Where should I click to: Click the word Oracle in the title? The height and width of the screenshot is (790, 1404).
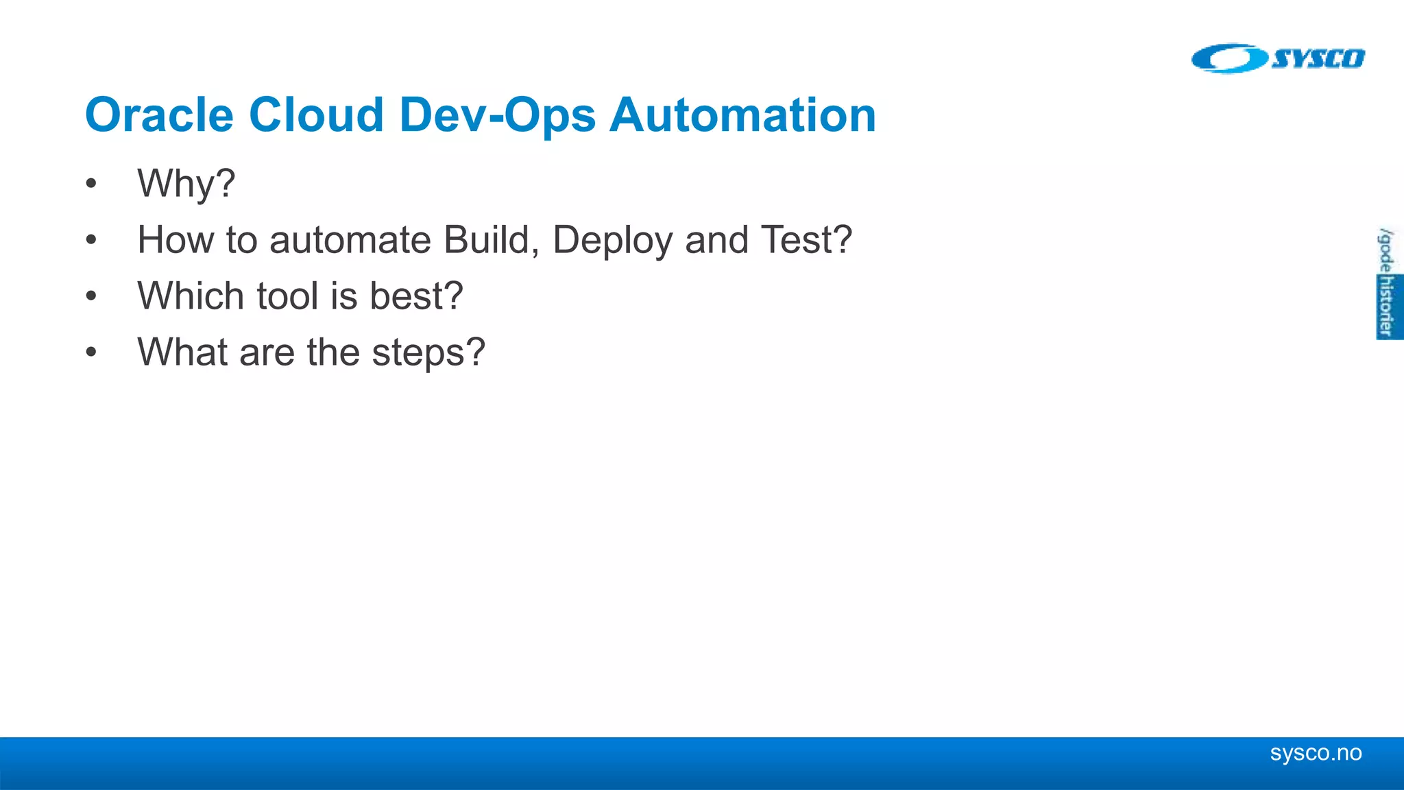point(158,115)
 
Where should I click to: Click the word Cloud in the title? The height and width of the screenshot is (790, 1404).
point(316,115)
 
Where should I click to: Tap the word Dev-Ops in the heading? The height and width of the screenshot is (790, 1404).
point(497,115)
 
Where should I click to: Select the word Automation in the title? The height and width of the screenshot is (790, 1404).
point(742,115)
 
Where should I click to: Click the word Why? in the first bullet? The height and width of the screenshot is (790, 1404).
point(186,184)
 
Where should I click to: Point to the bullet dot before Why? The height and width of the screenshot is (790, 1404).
point(91,184)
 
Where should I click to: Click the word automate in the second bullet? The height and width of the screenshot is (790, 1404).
point(350,240)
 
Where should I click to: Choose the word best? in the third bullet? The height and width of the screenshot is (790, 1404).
point(416,296)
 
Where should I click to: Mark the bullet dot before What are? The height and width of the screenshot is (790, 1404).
point(91,353)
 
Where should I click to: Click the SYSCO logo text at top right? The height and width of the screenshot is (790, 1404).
point(1318,59)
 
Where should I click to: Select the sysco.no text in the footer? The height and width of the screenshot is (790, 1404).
point(1315,753)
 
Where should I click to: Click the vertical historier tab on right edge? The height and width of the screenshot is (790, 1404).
point(1387,306)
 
